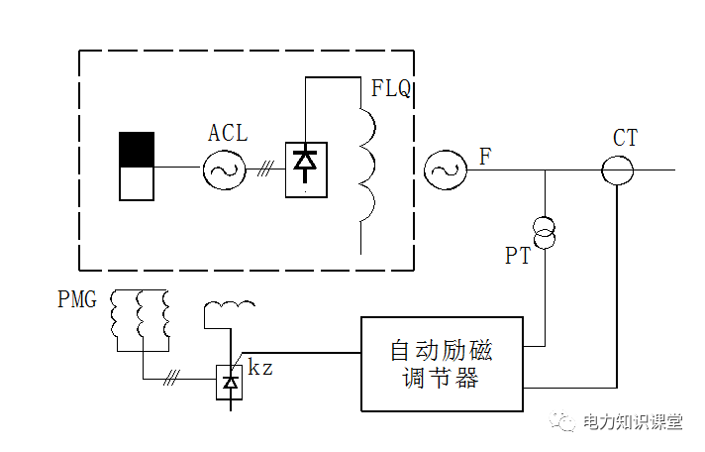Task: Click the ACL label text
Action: click(228, 134)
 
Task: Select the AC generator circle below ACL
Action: click(224, 169)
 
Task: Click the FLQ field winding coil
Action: click(367, 164)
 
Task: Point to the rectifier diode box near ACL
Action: click(305, 169)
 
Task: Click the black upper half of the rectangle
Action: click(137, 149)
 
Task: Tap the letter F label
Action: click(484, 157)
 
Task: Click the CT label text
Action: click(625, 138)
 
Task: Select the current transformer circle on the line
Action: click(618, 169)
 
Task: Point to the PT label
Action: click(518, 257)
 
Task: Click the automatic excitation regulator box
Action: click(442, 364)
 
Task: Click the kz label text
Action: click(260, 368)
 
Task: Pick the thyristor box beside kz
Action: click(231, 381)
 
